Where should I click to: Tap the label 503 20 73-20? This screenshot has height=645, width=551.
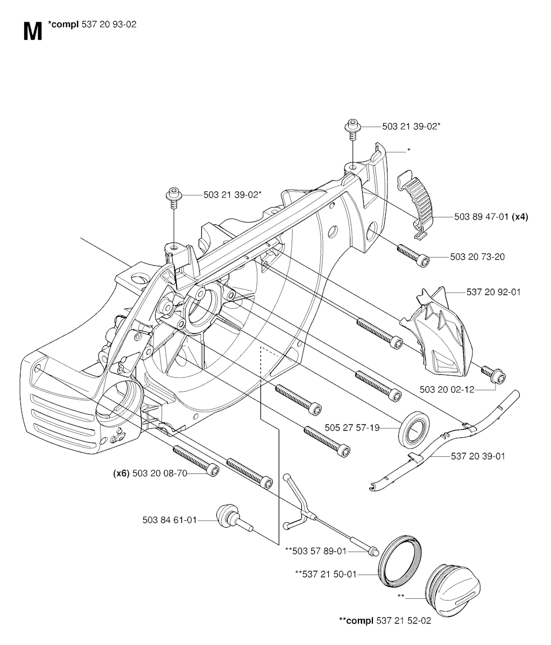477,257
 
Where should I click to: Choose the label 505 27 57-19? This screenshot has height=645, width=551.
352,428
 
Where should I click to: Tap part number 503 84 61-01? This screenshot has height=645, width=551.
169,520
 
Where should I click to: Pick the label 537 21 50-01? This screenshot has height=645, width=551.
326,574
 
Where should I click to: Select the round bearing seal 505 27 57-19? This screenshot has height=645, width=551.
413,429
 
